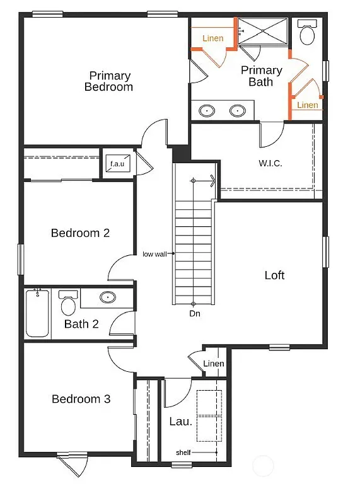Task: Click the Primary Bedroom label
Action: point(109,81)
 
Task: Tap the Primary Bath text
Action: point(261,76)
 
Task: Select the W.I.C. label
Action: point(270,163)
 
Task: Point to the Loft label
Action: point(274,275)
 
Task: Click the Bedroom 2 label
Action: point(81,233)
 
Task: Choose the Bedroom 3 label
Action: point(81,399)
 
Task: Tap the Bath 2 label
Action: point(81,325)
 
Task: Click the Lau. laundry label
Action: point(180,422)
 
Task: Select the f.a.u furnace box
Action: point(118,164)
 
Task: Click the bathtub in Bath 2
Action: point(37,313)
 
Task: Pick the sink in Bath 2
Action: point(108,297)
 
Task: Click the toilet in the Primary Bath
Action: point(308,34)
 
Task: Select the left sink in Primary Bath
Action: point(207,112)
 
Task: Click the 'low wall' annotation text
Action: point(154,254)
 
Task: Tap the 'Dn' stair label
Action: point(194,313)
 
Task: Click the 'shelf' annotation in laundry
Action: point(185,452)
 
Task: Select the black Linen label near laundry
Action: point(214,364)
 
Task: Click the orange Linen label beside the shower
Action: point(212,38)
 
